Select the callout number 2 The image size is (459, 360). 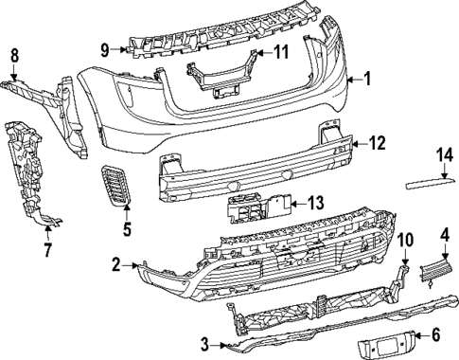coord(115,267)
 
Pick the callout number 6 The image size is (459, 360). coord(435,334)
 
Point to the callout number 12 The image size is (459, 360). coord(377,144)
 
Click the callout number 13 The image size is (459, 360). coord(316,202)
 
